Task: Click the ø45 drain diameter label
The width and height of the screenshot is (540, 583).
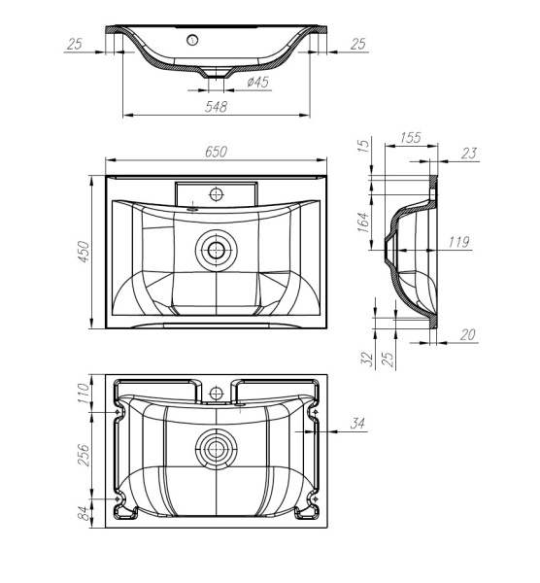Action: [x=258, y=84]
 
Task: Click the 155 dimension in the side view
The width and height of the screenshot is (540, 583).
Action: [x=410, y=139]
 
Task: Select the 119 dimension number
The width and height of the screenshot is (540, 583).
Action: [x=459, y=241]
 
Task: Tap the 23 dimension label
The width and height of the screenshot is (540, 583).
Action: [x=471, y=153]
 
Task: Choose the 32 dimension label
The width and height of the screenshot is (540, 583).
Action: [x=367, y=359]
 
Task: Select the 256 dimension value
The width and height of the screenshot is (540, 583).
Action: [x=84, y=455]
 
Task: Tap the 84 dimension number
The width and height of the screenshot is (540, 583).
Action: [x=84, y=510]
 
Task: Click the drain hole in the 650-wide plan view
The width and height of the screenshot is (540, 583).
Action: [x=214, y=251]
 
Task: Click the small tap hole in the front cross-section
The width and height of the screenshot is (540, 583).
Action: [x=193, y=40]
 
